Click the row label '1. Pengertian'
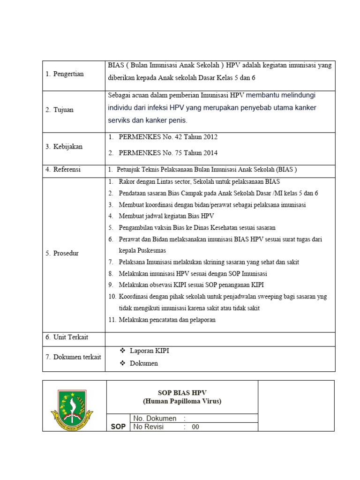[x=65, y=74]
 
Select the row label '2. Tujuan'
[x=60, y=110]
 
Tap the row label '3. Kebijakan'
[x=64, y=147]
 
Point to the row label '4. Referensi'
[x=63, y=170]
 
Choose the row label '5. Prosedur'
[x=62, y=253]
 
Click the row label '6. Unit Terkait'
[x=67, y=337]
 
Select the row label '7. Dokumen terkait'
[x=73, y=357]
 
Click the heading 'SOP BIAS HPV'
[x=182, y=393]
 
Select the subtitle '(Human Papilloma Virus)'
[x=182, y=401]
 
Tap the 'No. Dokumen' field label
[x=155, y=418]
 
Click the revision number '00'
[x=195, y=427]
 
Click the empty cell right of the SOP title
[x=296, y=405]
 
